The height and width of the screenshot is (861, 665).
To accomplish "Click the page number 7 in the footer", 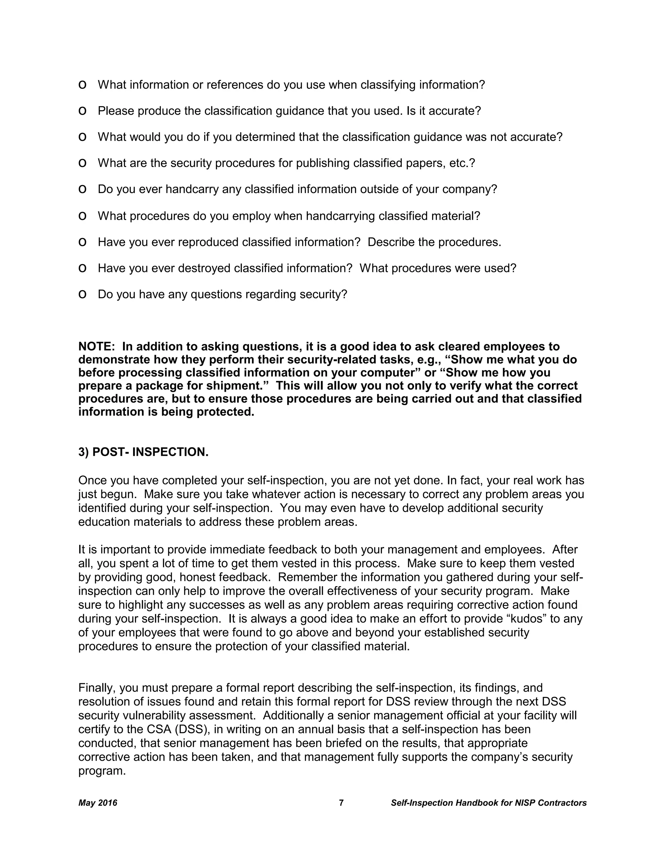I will tap(341, 803).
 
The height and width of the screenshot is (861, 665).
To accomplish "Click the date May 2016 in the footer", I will tap(98, 803).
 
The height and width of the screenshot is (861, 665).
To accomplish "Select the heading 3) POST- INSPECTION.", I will tap(144, 452).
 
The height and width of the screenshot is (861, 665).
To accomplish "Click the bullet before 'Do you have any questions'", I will tap(82, 294).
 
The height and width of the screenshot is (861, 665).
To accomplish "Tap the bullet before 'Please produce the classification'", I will tap(82, 111).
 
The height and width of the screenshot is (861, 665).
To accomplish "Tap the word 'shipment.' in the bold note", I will tap(238, 386).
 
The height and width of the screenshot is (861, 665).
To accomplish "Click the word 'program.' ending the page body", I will tap(102, 771).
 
